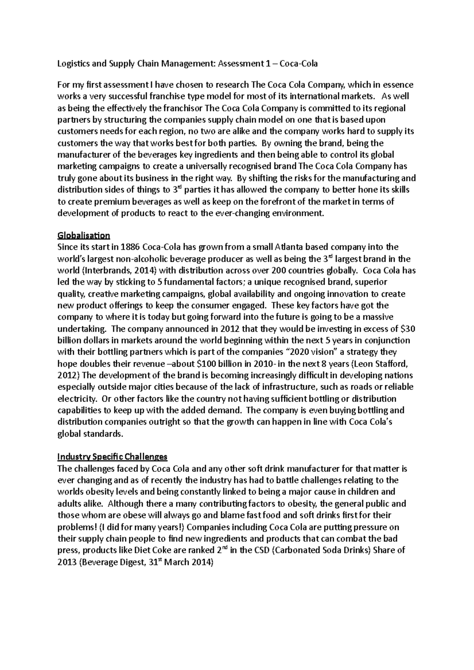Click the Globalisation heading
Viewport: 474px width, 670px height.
coord(83,236)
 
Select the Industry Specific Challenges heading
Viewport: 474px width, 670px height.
coord(113,457)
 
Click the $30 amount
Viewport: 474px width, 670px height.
coord(408,329)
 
